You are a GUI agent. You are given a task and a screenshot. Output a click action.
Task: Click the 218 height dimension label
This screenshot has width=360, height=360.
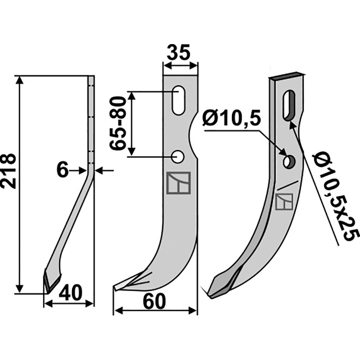tap(9, 171)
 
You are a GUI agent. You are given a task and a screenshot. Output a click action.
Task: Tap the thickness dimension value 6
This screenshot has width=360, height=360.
tap(62, 171)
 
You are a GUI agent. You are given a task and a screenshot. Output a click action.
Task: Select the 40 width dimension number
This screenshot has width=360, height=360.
tap(70, 293)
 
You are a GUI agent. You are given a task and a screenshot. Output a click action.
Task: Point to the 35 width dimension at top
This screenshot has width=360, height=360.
tap(179, 53)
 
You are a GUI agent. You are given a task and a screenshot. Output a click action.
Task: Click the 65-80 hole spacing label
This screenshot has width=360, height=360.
tap(118, 123)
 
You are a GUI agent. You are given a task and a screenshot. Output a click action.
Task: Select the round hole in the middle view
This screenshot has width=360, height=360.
tap(178, 157)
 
